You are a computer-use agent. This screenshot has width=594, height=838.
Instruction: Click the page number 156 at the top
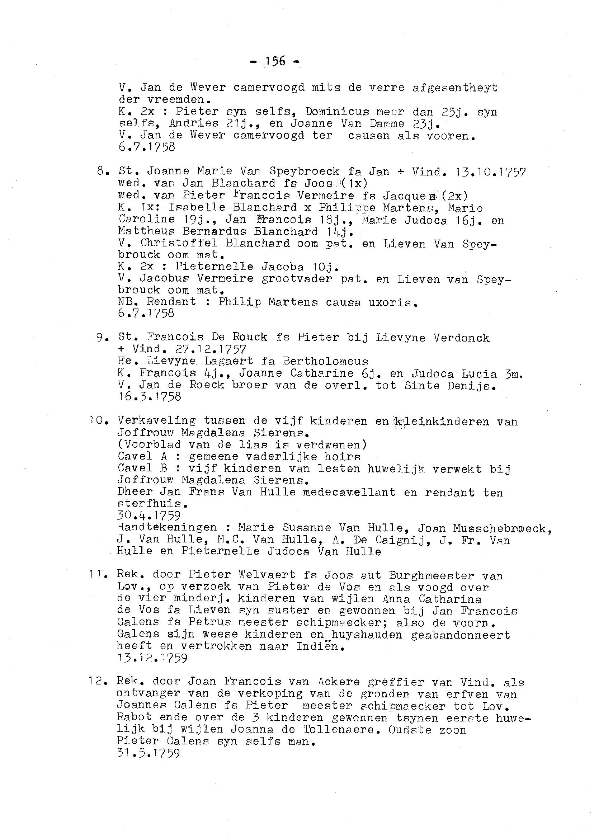tap(275, 61)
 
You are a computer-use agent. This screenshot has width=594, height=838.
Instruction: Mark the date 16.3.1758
tap(149, 397)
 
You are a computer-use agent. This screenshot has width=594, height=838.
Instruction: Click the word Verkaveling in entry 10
tap(156, 421)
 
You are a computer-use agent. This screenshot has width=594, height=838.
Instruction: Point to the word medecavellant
tap(349, 492)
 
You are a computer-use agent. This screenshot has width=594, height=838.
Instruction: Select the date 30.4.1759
tap(149, 516)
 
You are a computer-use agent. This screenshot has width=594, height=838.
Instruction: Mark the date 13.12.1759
tap(152, 658)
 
